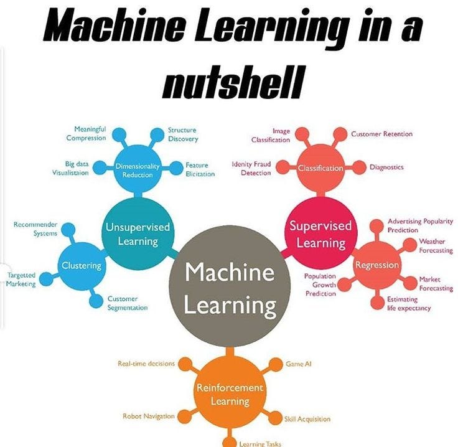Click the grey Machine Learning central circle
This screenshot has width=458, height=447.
[x=230, y=288]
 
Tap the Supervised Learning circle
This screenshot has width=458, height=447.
[x=320, y=233]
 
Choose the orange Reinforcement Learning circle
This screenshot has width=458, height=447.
[x=230, y=393]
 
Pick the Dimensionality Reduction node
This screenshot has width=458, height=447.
[x=138, y=170]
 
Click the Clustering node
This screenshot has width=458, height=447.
[x=82, y=266]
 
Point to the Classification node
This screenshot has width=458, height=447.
[x=320, y=168]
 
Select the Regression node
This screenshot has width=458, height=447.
[x=376, y=265]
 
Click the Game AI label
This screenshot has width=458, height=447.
[x=298, y=364]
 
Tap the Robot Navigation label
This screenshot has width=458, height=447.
[x=148, y=416]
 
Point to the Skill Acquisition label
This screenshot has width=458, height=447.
[x=307, y=419]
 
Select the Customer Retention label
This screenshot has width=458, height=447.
[x=381, y=134]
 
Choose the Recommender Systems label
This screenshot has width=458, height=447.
[x=35, y=228]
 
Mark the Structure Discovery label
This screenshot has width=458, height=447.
[x=182, y=134]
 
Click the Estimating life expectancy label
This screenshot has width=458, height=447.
[x=409, y=304]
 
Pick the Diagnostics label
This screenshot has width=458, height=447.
[x=386, y=167]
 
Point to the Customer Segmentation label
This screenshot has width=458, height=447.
[x=127, y=303]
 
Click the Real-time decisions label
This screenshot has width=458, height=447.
[x=146, y=364]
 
